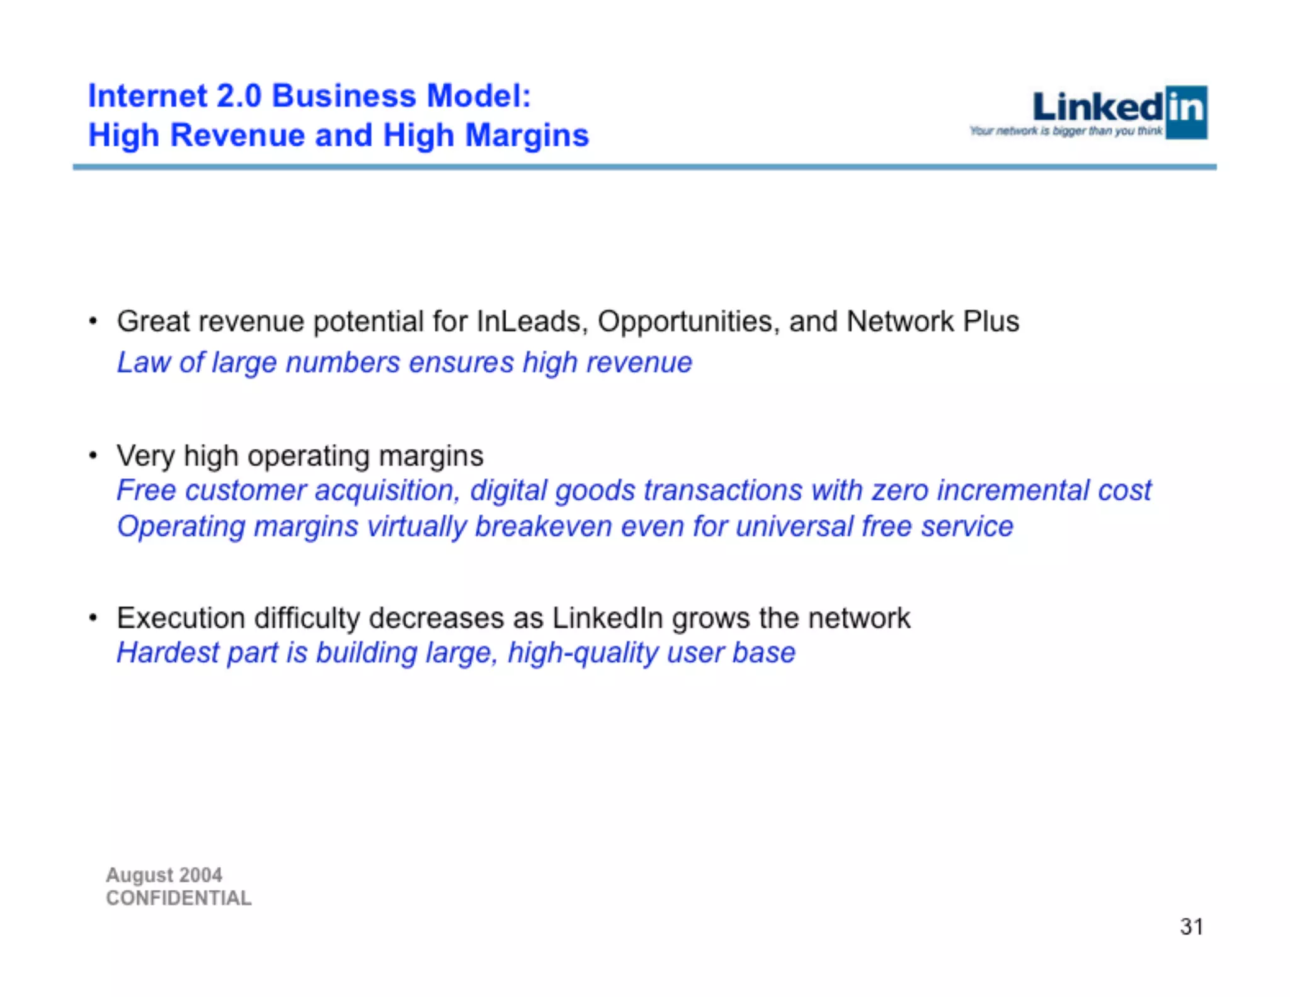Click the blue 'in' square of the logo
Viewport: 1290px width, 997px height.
[1186, 112]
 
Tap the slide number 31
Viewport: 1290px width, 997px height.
[1191, 926]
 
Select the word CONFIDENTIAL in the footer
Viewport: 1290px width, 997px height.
[178, 898]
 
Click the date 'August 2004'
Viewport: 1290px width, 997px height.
[164, 875]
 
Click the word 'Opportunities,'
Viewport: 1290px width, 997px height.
[688, 321]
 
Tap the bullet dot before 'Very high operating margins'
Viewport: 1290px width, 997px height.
[93, 455]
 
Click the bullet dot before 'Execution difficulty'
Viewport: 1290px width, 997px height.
[93, 618]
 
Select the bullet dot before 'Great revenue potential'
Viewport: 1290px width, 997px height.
[93, 321]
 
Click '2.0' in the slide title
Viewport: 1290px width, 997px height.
[239, 96]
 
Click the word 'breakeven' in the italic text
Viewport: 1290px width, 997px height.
[543, 526]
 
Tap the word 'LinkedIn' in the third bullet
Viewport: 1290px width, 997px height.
[607, 618]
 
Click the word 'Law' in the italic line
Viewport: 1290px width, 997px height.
[143, 362]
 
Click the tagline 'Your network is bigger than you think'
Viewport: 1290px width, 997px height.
[1066, 131]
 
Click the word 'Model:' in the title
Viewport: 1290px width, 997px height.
[479, 96]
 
